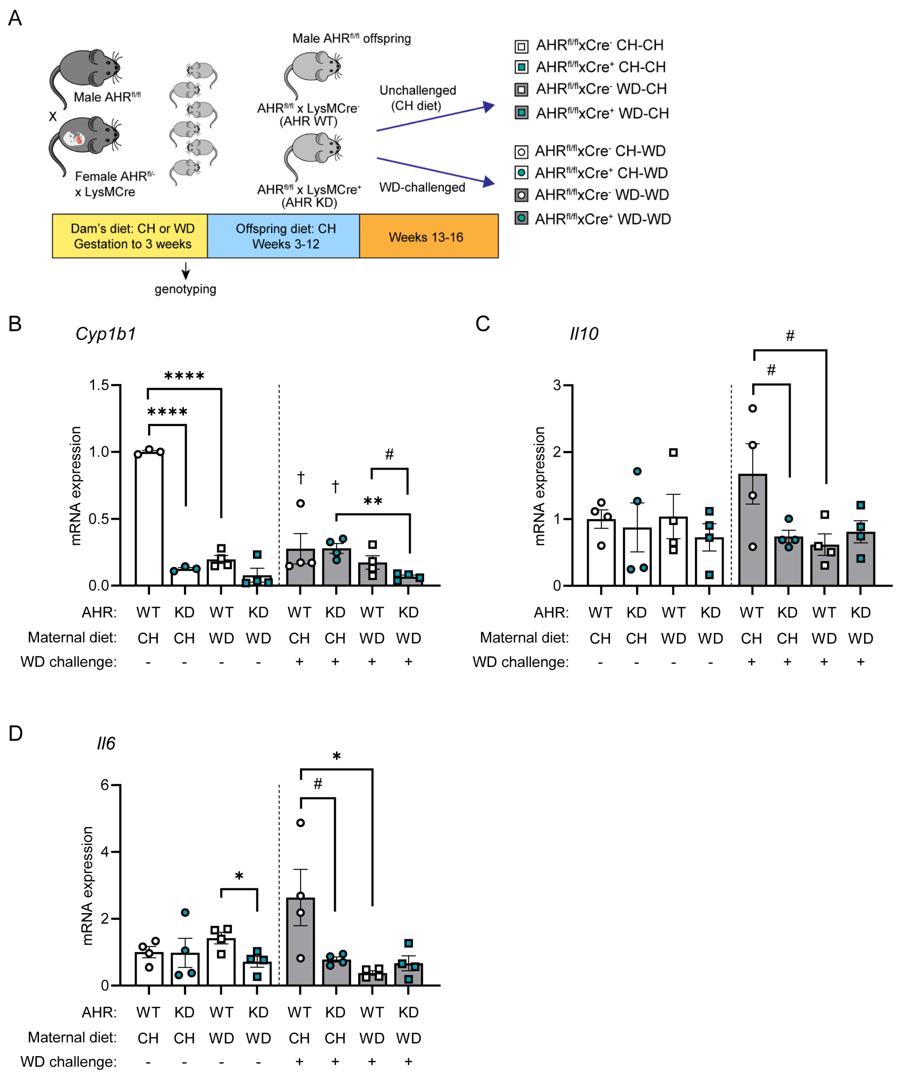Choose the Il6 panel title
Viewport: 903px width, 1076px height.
[106, 743]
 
